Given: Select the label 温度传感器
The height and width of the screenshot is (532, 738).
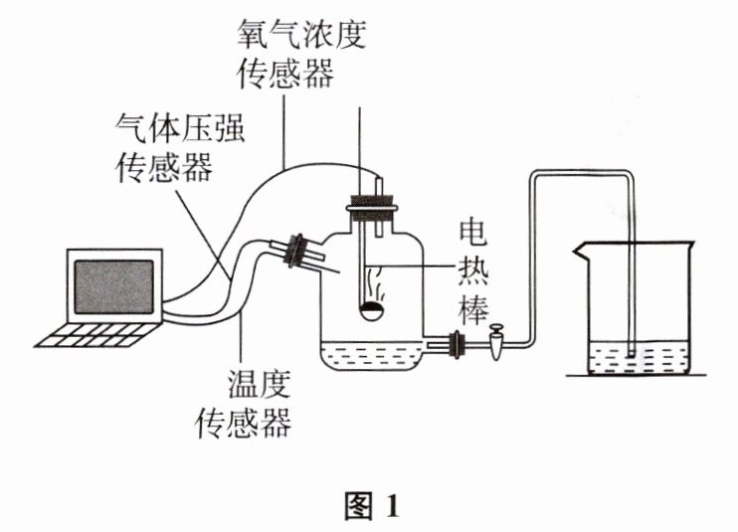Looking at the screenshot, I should [x=245, y=403].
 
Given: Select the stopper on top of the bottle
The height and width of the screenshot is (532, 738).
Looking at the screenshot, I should [x=371, y=207].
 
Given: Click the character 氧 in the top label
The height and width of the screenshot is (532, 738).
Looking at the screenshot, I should [x=254, y=35].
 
